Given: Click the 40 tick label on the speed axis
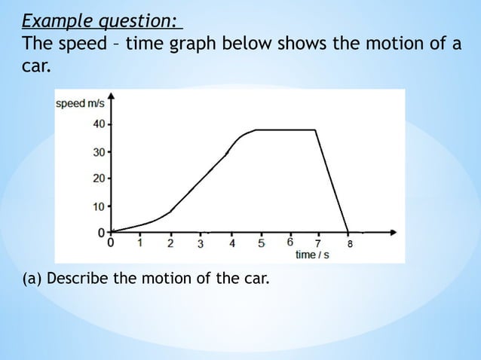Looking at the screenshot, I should point(99,124).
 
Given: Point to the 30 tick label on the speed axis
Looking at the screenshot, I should point(99,152).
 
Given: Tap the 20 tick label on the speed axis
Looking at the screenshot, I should point(99,178).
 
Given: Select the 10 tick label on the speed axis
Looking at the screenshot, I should point(99,206).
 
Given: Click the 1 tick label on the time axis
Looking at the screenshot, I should point(140,243).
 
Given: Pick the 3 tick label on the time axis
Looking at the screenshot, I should point(200,244).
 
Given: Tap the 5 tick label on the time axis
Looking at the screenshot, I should point(261,243).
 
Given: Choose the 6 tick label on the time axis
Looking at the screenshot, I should point(290,243).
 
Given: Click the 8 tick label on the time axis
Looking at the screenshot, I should point(349,244).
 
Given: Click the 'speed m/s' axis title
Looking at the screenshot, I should point(81,103).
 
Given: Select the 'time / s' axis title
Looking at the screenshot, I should point(311,255).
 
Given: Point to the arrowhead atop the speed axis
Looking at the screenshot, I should point(112,95).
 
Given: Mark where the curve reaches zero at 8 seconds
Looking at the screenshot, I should point(348,232).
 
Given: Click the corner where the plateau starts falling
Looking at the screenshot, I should point(315,130).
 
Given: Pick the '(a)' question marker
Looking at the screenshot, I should point(32,280).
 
